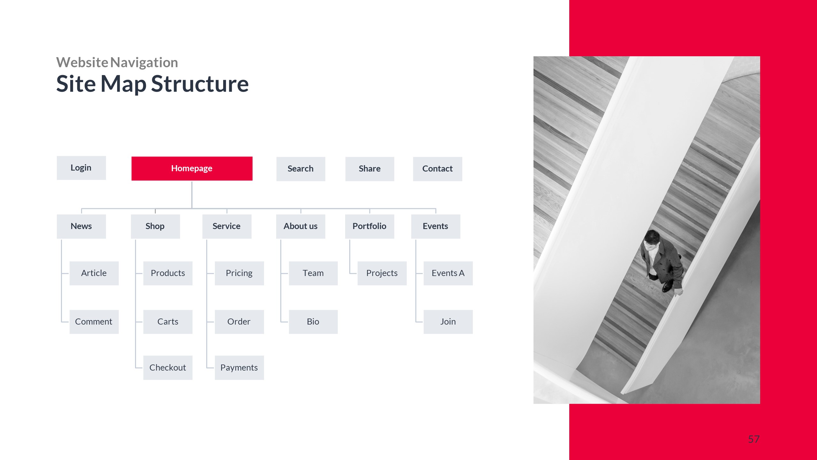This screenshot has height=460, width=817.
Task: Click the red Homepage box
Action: tap(192, 168)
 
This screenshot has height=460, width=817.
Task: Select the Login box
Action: tap(81, 168)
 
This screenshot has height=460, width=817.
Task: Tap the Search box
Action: tap(301, 169)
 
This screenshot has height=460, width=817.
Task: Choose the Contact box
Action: tap(437, 169)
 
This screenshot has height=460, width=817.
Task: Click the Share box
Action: tap(370, 169)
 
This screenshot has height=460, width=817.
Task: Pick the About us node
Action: tap(301, 226)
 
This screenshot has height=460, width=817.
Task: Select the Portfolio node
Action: tap(370, 226)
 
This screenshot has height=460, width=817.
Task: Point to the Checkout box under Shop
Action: tap(168, 367)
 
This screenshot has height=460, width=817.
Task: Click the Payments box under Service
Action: tap(239, 367)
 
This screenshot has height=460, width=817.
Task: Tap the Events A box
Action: tap(448, 273)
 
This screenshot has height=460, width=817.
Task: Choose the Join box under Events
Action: tap(448, 322)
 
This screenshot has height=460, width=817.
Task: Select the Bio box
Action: tap(313, 322)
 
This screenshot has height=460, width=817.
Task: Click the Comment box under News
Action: tap(94, 322)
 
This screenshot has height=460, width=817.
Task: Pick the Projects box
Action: tap(382, 273)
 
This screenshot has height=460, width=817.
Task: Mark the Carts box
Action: tap(168, 322)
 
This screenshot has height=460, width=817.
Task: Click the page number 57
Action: tap(754, 439)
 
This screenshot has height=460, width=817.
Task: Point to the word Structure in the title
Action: tap(200, 84)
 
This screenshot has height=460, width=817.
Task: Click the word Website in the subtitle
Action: tap(82, 62)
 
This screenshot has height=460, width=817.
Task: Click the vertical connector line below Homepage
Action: tap(192, 195)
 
